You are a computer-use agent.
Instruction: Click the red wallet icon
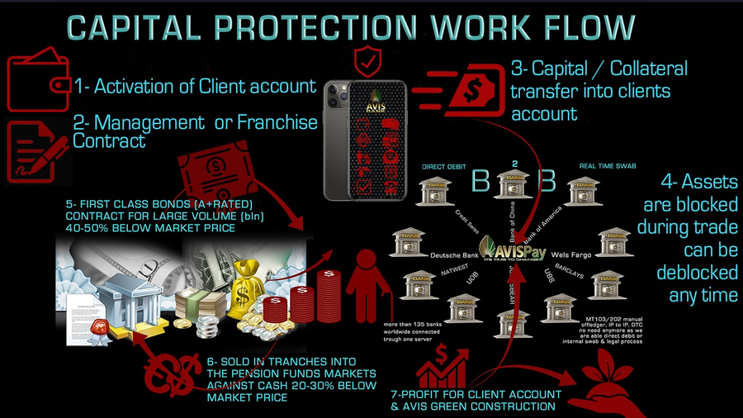pyautogui.click(x=37, y=84)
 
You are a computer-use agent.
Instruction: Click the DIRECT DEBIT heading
pyautogui.click(x=445, y=167)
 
